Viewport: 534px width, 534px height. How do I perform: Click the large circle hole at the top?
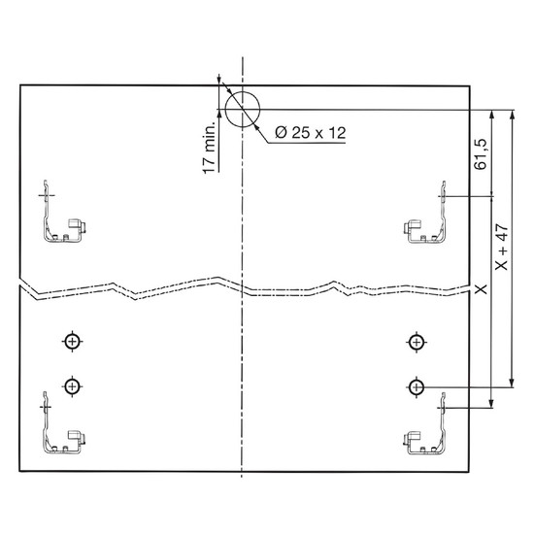coord(225,110)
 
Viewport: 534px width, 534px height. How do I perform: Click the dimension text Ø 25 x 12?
coord(310,132)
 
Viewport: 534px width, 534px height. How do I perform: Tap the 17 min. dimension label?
coord(209,148)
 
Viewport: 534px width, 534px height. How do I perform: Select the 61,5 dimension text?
coord(481,154)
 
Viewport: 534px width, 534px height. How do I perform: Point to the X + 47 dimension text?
coord(502,247)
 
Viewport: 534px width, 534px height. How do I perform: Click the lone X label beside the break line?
coord(481,289)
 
